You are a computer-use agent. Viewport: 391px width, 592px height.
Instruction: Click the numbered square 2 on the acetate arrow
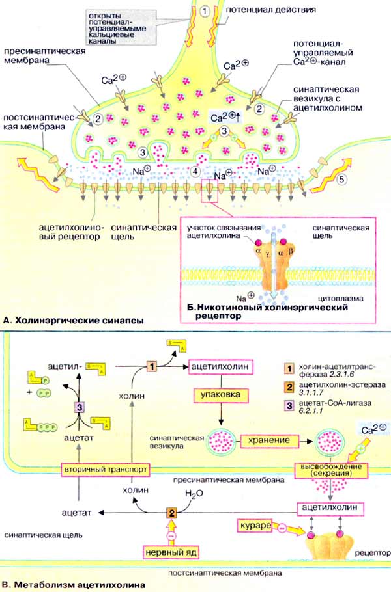(x=171, y=513)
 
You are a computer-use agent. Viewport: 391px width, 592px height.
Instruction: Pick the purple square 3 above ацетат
(x=79, y=407)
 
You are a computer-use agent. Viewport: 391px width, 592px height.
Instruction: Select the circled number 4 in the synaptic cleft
(x=197, y=172)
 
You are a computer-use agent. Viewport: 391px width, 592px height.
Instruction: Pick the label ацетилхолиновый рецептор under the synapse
(x=64, y=232)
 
